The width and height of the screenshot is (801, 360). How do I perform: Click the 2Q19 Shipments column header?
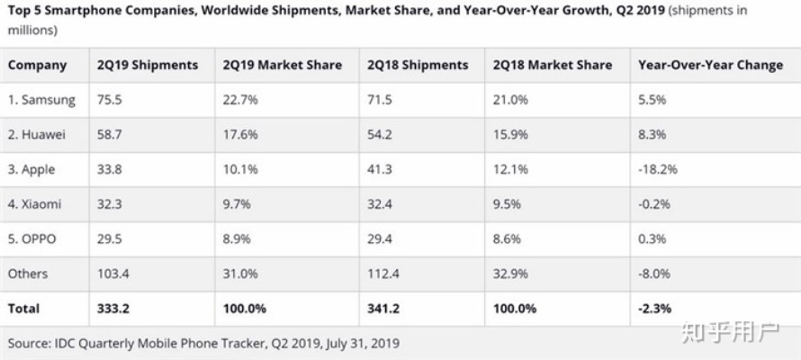pyautogui.click(x=148, y=65)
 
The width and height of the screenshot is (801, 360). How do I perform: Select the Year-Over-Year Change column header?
pyautogui.click(x=710, y=65)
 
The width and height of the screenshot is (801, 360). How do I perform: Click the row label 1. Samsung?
pyautogui.click(x=41, y=100)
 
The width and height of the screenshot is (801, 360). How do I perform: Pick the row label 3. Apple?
pyautogui.click(x=35, y=169)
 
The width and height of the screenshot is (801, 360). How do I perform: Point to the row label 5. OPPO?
pyautogui.click(x=35, y=238)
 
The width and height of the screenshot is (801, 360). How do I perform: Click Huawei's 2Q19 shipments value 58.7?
pyautogui.click(x=110, y=135)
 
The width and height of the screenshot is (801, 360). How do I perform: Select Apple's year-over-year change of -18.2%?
pyautogui.click(x=658, y=169)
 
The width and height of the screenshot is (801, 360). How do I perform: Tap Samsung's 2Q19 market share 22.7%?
pyautogui.click(x=240, y=100)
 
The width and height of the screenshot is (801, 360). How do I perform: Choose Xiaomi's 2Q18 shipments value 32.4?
pyautogui.click(x=380, y=204)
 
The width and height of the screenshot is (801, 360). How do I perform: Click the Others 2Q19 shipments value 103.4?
pyautogui.click(x=113, y=274)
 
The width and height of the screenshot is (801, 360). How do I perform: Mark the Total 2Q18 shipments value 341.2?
pyautogui.click(x=383, y=308)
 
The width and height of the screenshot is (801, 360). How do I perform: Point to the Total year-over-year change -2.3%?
pyautogui.click(x=654, y=308)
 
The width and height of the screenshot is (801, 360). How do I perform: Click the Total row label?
pyautogui.click(x=23, y=308)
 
